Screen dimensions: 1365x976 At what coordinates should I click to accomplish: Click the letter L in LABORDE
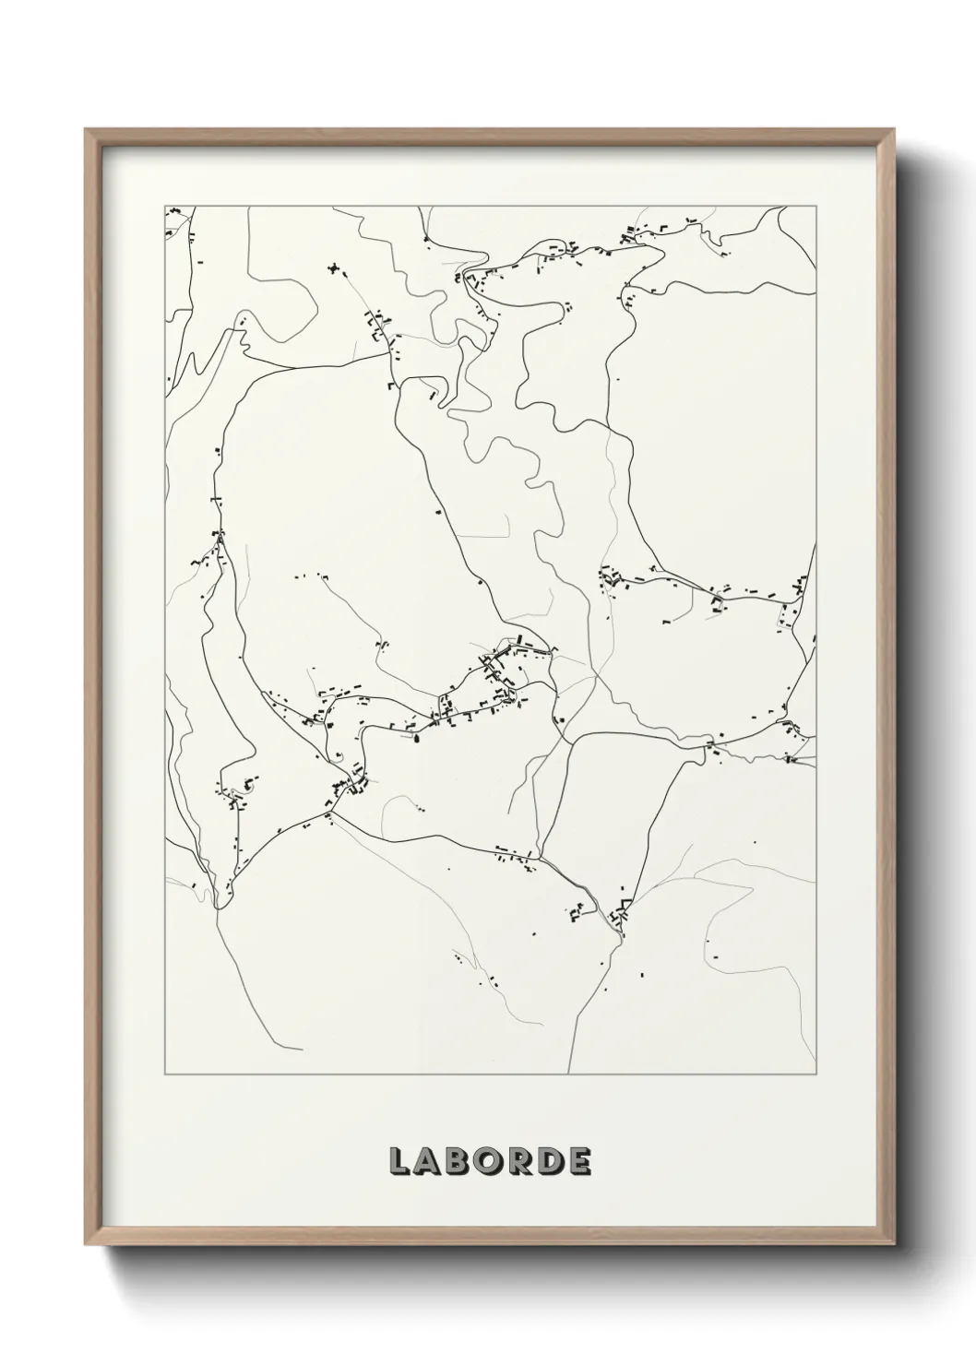[x=400, y=1161]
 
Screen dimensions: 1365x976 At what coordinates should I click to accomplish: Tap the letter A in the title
[x=430, y=1161]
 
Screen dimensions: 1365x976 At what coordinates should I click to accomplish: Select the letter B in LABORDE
[x=460, y=1161]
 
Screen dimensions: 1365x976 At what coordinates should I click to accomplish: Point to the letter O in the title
[x=490, y=1161]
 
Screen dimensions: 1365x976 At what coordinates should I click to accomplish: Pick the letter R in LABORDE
[x=520, y=1161]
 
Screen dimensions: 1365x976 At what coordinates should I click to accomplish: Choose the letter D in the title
[x=551, y=1161]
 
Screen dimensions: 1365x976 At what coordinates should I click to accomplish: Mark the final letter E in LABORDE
[x=579, y=1161]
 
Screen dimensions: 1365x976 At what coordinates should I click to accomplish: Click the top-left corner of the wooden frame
[x=86, y=130]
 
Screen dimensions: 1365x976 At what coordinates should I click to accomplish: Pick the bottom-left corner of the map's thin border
[x=164, y=1074]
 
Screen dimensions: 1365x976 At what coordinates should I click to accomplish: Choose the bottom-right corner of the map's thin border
[x=816, y=1074]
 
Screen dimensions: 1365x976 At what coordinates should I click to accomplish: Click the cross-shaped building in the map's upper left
[x=333, y=268]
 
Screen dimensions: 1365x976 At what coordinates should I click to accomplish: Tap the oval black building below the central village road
[x=416, y=737]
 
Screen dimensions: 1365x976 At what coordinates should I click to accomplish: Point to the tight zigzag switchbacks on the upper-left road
[x=243, y=332]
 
